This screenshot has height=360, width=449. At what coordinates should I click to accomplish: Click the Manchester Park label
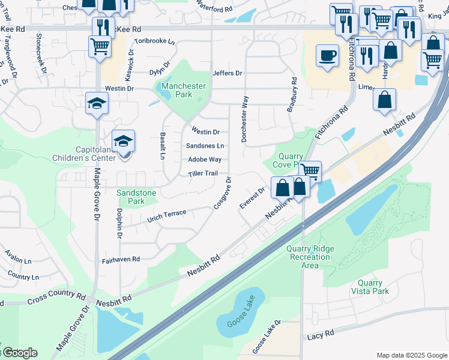184,90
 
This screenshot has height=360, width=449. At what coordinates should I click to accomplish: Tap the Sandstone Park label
136,197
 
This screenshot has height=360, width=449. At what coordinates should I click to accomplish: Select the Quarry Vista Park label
370,287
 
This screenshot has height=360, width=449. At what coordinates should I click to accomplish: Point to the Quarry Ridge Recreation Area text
310,257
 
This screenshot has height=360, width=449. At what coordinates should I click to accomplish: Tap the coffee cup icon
327,56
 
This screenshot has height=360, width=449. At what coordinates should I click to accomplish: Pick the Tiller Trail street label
202,173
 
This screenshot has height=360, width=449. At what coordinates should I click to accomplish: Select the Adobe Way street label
205,160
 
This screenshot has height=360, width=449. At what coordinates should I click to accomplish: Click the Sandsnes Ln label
205,146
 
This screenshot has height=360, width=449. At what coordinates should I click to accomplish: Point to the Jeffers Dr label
227,73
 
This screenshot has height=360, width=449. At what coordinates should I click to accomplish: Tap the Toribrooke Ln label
154,42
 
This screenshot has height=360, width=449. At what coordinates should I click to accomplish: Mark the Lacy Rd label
320,334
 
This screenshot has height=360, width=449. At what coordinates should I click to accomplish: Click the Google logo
19,352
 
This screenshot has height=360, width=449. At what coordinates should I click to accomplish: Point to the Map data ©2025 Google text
411,355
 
